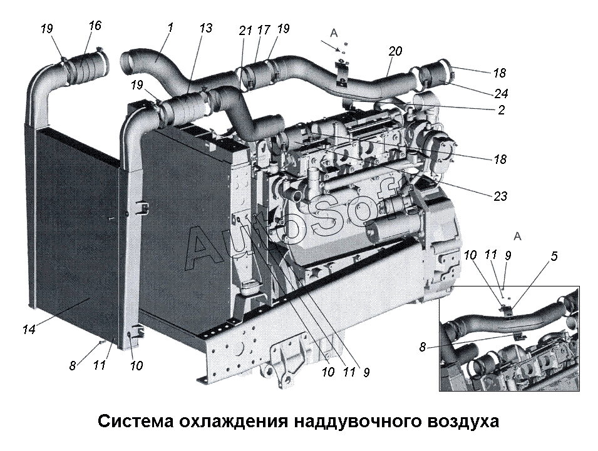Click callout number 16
pos(95,26)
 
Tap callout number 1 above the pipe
pos(170,28)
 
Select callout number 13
pos(206,28)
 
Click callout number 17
pos(263,29)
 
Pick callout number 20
pos(395,51)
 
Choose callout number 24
pos(500,94)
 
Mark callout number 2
pos(500,109)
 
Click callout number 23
pos(500,196)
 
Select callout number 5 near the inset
pos(555,256)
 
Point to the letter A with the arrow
pos(334,33)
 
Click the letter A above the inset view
pos(517,236)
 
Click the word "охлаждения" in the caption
pos(230,421)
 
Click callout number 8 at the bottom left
pos(73,367)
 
